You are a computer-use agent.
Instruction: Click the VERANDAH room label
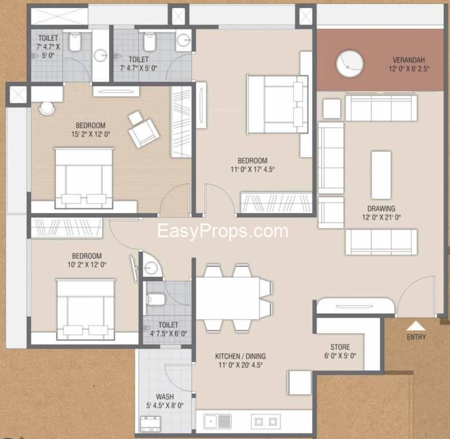coord(408,60)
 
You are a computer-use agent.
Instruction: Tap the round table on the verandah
coord(349,63)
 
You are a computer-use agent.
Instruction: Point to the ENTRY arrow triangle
coord(416,326)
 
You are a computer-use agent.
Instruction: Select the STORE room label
coord(340,347)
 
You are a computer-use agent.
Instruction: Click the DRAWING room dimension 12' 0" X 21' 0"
coord(381,217)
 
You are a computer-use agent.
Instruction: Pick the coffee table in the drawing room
coord(381,175)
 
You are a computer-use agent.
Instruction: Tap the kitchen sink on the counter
coord(217,421)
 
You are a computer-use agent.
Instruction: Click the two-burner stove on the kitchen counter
coord(266,421)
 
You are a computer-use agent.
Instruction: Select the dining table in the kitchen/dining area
coord(228,298)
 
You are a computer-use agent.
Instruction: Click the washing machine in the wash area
coord(150,424)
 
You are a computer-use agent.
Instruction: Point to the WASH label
coord(165,397)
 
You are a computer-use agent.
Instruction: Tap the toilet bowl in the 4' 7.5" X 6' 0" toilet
coord(156,300)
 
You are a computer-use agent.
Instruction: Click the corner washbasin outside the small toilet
coord(152,266)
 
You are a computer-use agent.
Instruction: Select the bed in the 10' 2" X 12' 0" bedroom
coord(86,309)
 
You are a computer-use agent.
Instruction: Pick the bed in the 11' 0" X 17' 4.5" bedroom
coord(277,104)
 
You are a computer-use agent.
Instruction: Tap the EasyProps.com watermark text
coord(222,232)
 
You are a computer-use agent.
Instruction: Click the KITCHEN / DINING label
coord(241,356)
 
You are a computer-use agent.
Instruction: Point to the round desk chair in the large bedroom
coord(47,109)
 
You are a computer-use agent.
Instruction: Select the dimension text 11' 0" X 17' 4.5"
coord(253,169)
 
